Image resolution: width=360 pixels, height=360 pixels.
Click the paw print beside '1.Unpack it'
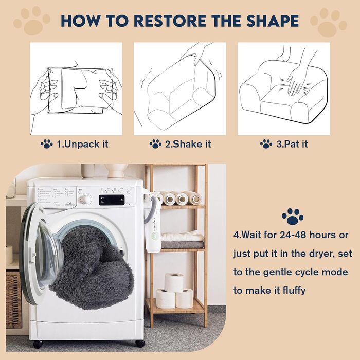[47, 144]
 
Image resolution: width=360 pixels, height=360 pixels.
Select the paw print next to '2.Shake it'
[155, 144]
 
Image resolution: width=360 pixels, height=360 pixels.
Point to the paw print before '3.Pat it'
[266, 144]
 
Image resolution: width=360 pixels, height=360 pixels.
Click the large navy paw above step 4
[293, 217]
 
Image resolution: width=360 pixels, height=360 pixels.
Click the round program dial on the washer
[86, 200]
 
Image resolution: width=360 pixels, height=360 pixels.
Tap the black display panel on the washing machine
[112, 200]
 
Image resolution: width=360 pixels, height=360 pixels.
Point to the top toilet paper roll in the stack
[174, 282]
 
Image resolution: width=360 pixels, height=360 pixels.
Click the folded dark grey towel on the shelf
[182, 245]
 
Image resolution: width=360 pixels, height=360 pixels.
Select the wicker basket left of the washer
[13, 300]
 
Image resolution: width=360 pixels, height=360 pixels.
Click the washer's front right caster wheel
[140, 344]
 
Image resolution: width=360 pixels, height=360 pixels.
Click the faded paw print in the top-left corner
[32, 21]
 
